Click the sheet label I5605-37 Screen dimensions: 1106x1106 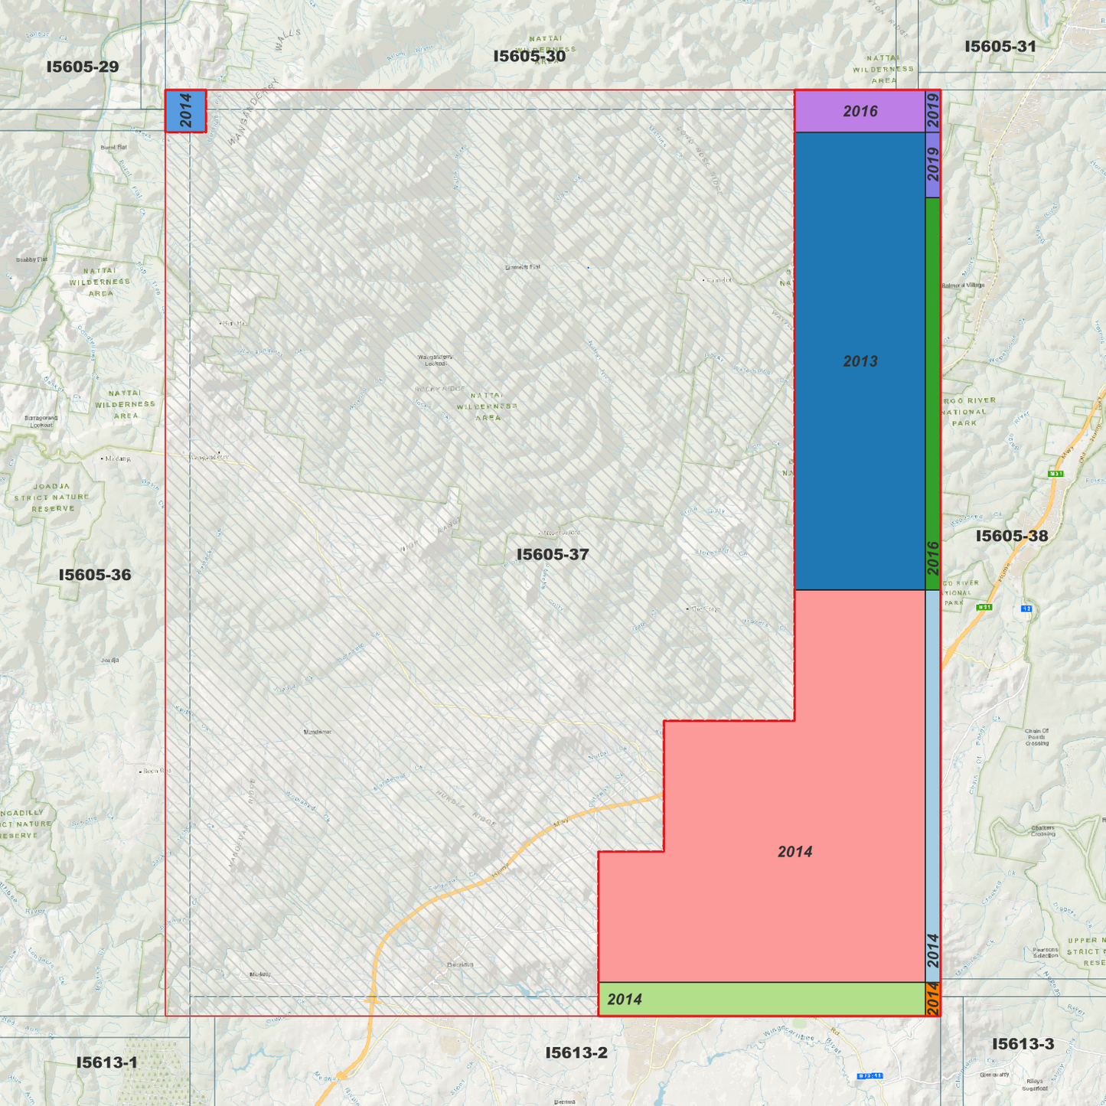(553, 554)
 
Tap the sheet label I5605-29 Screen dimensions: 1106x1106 (83, 67)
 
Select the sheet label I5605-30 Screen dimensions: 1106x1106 (530, 56)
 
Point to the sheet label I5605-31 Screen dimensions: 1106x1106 (1000, 47)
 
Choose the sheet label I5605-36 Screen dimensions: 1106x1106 (95, 575)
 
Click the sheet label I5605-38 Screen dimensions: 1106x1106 (1012, 536)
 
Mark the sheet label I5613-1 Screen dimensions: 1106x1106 (106, 1062)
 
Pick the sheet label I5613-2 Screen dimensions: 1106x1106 (576, 1053)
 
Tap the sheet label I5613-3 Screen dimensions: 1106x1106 (1023, 1044)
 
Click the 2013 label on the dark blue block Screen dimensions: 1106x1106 (860, 361)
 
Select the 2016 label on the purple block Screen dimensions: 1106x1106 (860, 112)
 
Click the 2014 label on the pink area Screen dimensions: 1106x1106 (794, 852)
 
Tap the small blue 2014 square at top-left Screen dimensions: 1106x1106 (186, 111)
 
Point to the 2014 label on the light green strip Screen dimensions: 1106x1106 (625, 1000)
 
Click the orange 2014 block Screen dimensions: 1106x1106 (933, 999)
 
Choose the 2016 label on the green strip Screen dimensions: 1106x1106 (933, 558)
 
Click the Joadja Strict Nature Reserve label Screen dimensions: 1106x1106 (52, 498)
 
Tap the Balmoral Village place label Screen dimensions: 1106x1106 (964, 285)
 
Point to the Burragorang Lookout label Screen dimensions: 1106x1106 (41, 421)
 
